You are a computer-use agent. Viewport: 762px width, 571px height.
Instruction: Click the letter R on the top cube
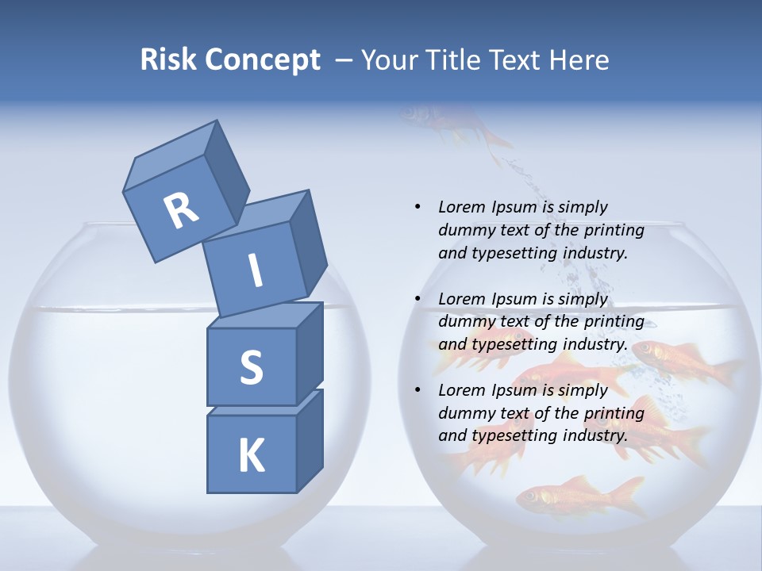[181, 211]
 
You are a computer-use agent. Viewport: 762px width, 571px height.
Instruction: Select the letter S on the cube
[251, 367]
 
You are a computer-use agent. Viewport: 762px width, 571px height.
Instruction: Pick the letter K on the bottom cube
[251, 456]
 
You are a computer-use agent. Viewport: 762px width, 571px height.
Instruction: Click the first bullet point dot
[418, 207]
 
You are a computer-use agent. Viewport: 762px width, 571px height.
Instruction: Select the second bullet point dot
[418, 299]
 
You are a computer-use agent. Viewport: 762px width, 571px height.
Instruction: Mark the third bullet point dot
[418, 390]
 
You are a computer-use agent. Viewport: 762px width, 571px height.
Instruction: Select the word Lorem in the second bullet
[461, 299]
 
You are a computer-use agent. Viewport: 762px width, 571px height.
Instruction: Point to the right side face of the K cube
[310, 440]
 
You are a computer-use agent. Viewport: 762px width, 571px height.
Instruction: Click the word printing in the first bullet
[614, 230]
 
